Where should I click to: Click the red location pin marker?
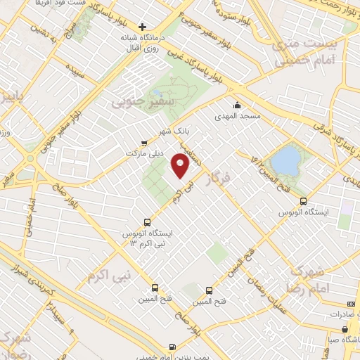point(180,167)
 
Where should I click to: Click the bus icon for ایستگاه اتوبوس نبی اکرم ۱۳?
point(147,219)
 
